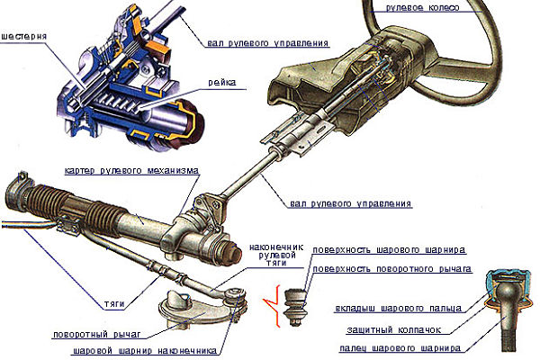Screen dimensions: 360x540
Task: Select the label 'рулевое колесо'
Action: (422, 7)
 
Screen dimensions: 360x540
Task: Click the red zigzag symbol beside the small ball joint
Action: (268, 301)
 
